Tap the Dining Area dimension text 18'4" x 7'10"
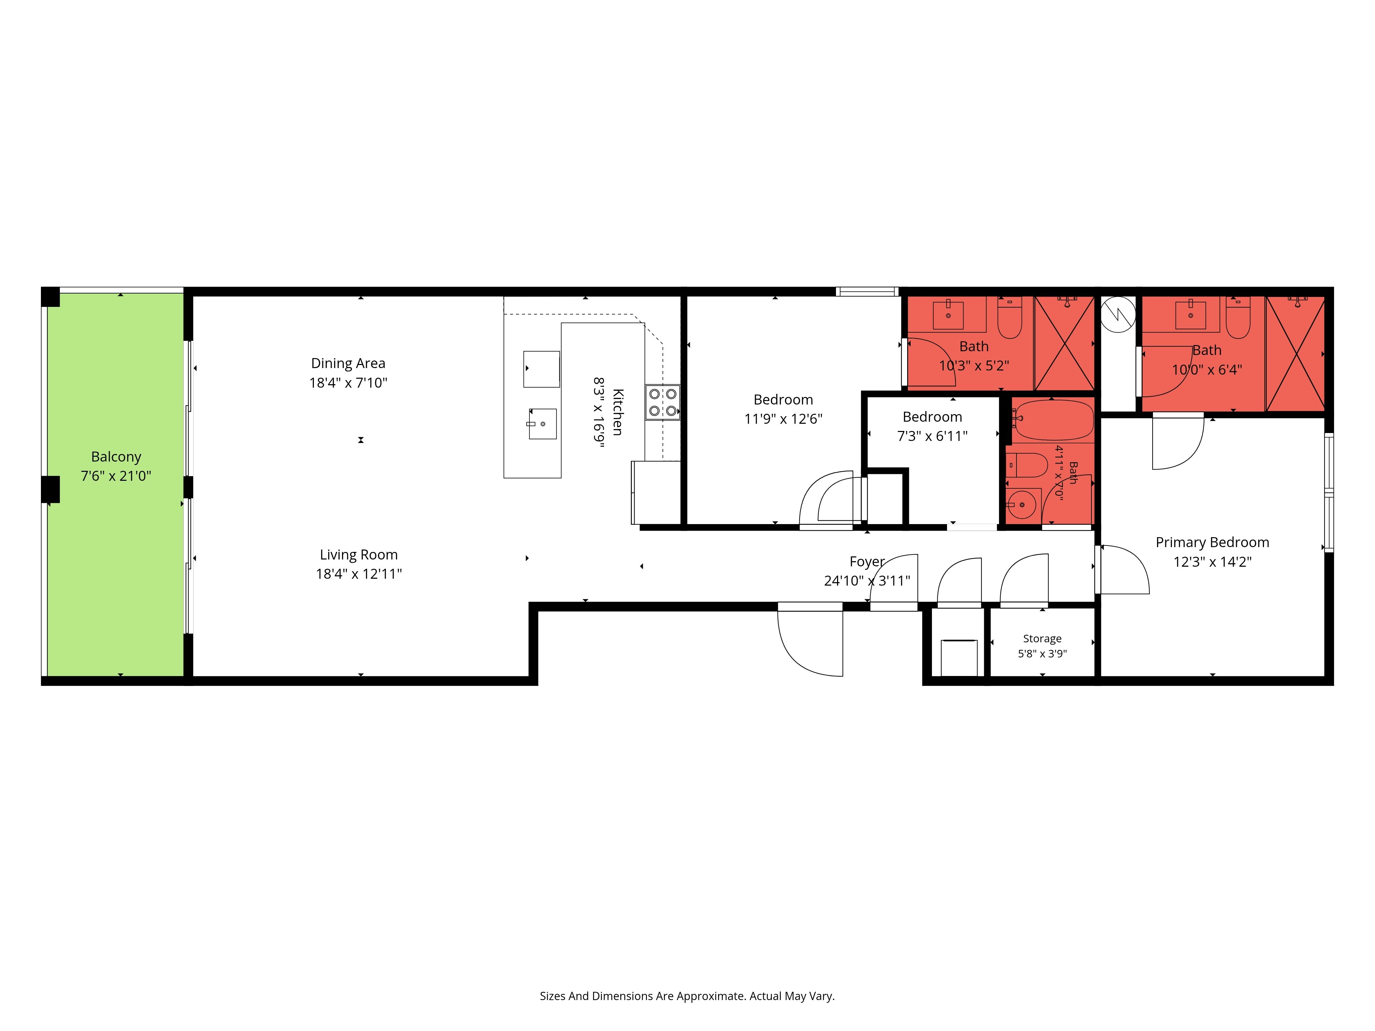(x=348, y=383)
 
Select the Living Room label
(x=359, y=554)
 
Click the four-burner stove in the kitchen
(x=663, y=402)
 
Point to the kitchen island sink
(x=542, y=424)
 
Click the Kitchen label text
(x=617, y=412)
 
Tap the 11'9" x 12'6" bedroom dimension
(x=783, y=419)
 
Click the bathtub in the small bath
(x=1052, y=420)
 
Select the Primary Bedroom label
(x=1212, y=543)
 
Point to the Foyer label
(x=867, y=562)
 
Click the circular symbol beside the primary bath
(x=1118, y=314)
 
